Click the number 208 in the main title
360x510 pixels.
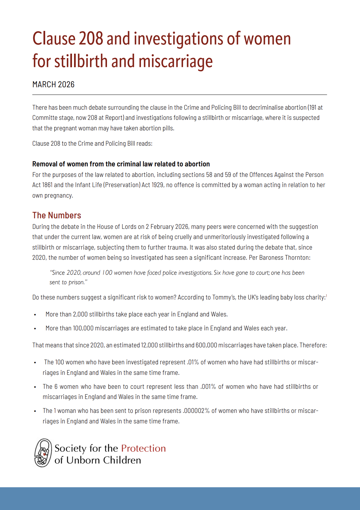(91, 38)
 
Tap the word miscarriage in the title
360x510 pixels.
(176, 61)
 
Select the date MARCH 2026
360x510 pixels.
(53, 85)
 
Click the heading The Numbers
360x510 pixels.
(57, 215)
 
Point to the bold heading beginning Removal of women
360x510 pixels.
(121, 164)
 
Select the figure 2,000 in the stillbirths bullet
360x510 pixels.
(80, 314)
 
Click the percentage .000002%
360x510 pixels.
(196, 411)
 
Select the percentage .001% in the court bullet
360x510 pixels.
(208, 387)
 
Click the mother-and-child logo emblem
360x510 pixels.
(43, 453)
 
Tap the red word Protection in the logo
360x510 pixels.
(143, 448)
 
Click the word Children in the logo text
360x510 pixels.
(122, 460)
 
